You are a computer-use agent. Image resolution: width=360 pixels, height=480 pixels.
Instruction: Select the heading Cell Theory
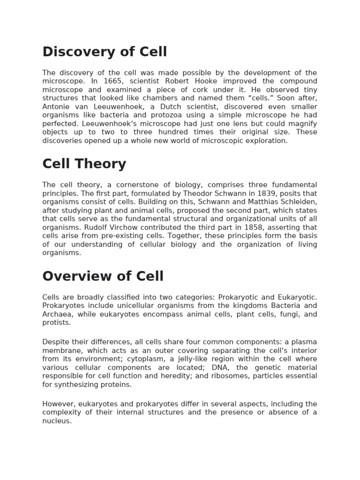tap(84, 164)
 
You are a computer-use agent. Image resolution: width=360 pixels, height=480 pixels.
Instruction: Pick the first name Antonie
tap(55, 106)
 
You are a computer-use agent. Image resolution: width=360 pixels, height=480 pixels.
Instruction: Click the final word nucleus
tap(57, 421)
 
